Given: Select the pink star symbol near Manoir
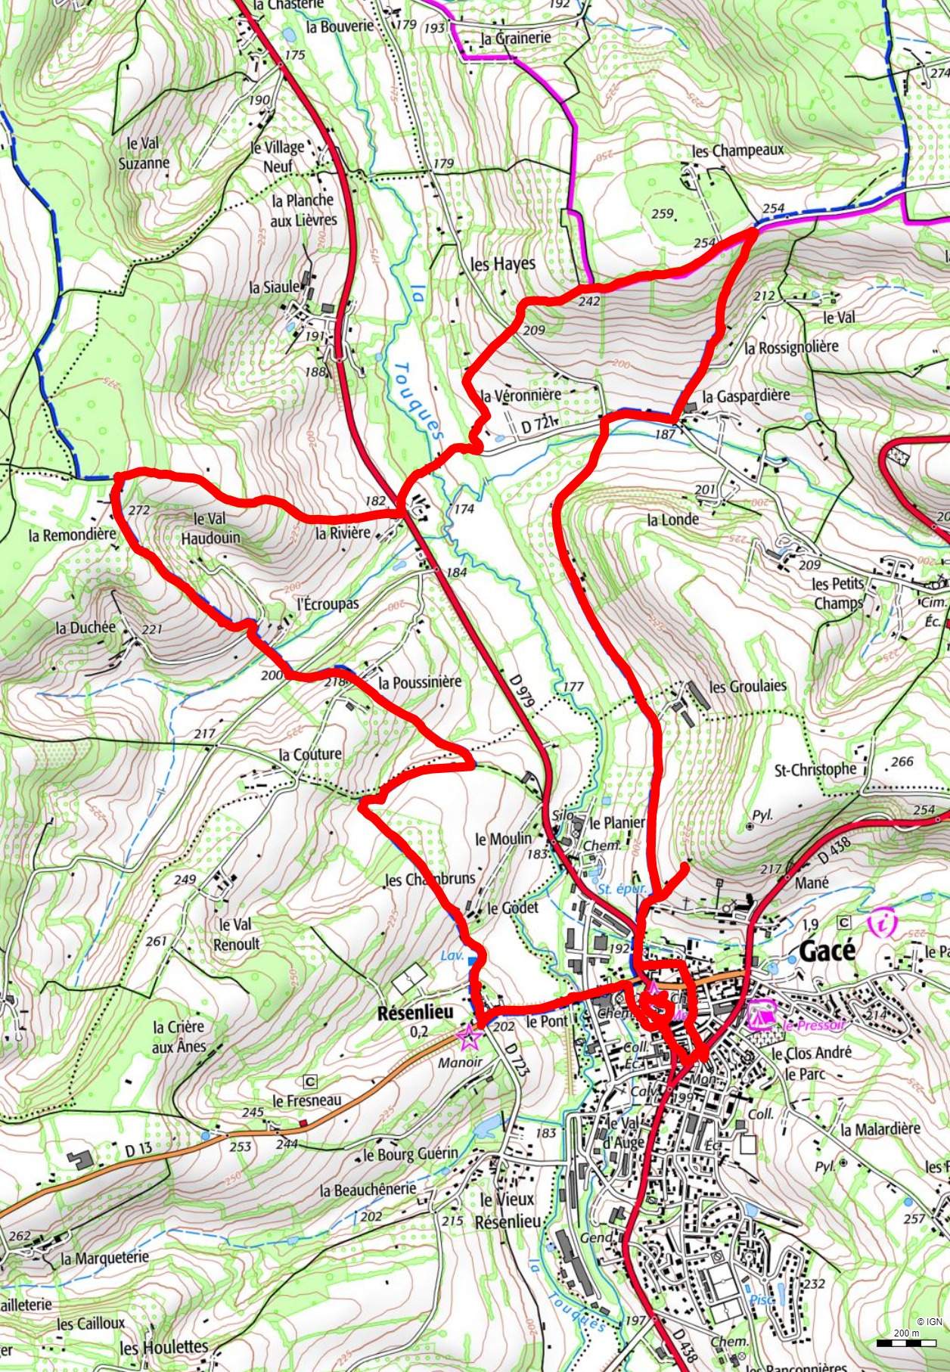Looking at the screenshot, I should coord(469,1036).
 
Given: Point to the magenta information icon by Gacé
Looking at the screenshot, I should coord(882,924).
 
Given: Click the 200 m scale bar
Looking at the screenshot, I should coord(906,1343).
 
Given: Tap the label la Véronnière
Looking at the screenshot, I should coord(521,395).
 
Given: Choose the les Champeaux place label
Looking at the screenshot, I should coord(737,151).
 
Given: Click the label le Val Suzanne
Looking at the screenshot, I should coord(144,153).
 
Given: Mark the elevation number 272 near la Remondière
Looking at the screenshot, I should coord(139,511).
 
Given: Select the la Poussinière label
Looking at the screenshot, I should coord(419,682).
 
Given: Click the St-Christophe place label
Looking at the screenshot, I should coord(815,770).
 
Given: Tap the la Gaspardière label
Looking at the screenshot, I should coord(745,396).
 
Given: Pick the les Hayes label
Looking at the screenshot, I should coord(502,264).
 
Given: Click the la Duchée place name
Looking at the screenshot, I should coord(85,628).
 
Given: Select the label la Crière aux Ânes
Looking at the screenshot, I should coord(179,1037).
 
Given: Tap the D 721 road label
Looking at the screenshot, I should coord(538,426).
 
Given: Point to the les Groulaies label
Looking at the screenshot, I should coord(747,687).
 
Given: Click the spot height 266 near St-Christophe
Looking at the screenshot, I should coord(902,762).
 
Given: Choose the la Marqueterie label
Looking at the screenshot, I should coord(104,1259).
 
